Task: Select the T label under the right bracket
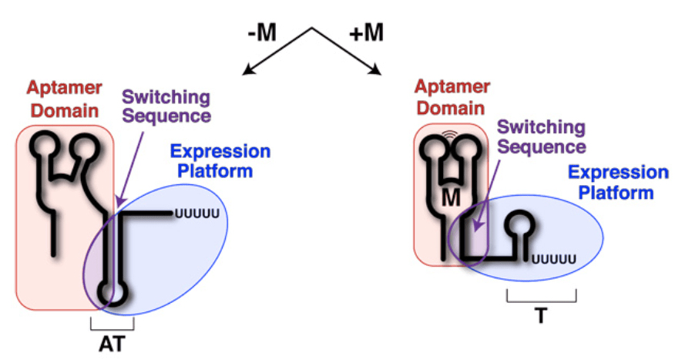tap(541, 315)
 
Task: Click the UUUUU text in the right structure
tap(555, 261)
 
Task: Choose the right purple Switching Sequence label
tap(541, 136)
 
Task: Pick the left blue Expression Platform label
tap(220, 160)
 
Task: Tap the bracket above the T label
tap(541, 297)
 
